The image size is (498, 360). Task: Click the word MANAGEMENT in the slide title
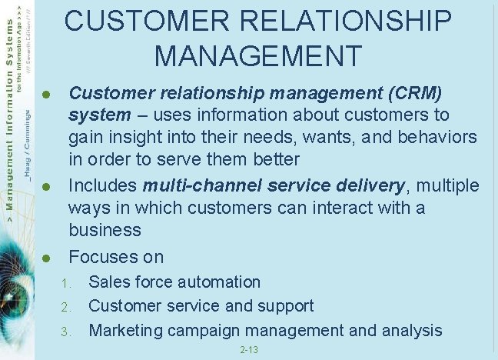pos(257,56)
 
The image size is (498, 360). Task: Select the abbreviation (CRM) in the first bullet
pos(415,94)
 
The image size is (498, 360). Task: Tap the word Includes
pos(101,185)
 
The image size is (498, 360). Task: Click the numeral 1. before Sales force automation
pos(67,283)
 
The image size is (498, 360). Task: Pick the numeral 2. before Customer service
pos(67,307)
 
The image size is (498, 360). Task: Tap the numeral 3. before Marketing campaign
pos(67,332)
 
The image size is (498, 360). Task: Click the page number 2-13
pos(249,350)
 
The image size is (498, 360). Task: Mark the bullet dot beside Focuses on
pos(46,258)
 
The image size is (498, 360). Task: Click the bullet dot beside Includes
pos(46,187)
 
